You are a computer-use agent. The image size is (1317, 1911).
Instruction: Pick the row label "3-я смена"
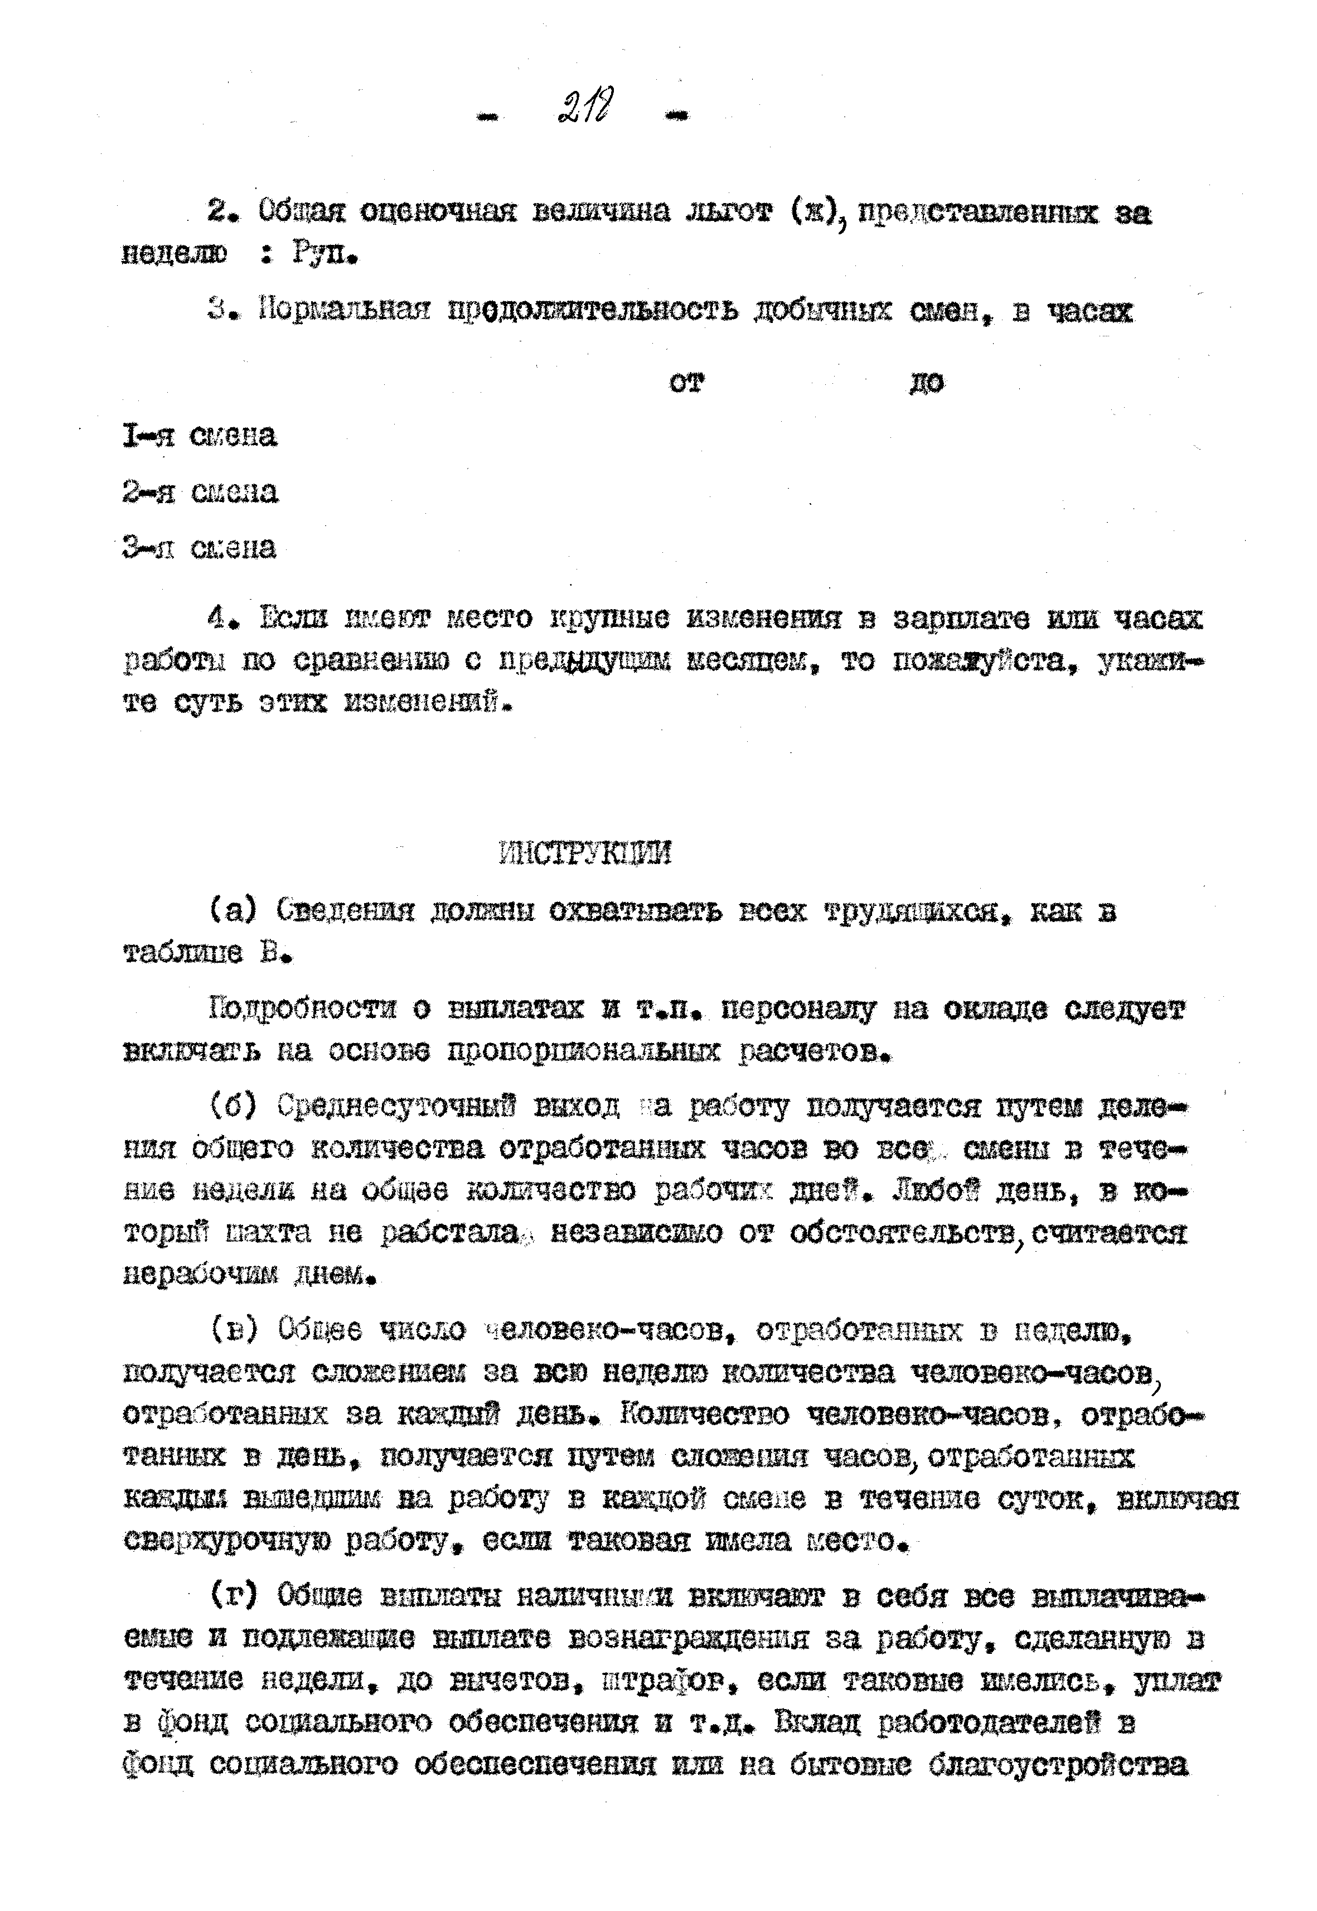(200, 548)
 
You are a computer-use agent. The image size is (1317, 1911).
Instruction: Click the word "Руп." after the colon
(325, 254)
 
